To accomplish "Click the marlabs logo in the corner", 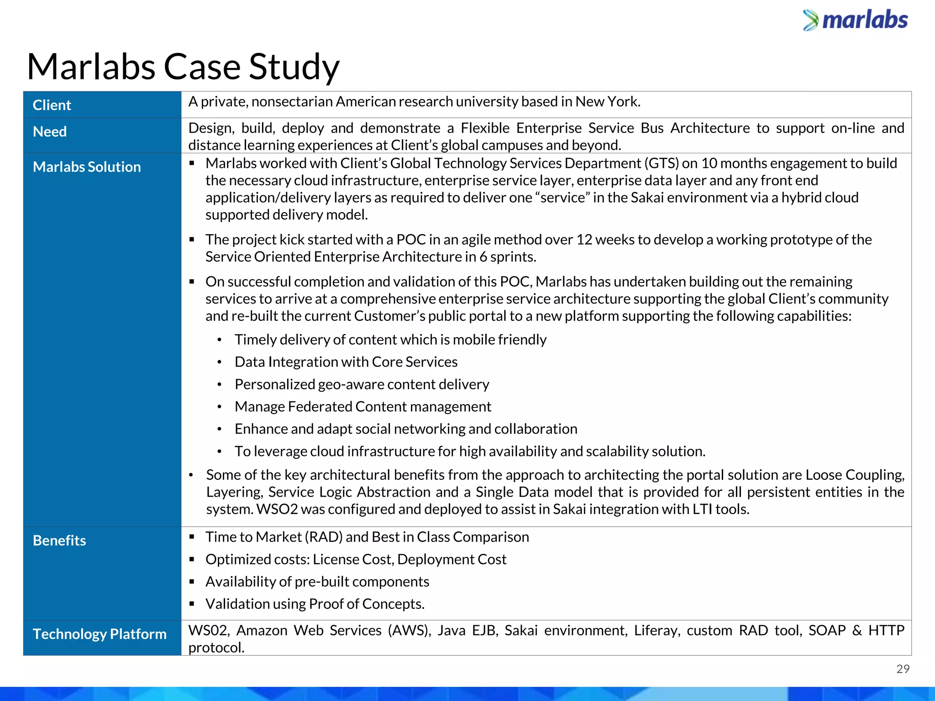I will tap(856, 21).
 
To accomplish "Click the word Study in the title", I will tap(294, 67).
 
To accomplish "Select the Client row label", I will tap(52, 105).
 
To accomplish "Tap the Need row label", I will tap(50, 132).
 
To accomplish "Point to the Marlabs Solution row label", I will tap(87, 167).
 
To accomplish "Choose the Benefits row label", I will tap(59, 541).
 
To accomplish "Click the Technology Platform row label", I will tap(100, 634).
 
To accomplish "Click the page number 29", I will tap(903, 669).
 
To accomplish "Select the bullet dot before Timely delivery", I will tap(220, 340).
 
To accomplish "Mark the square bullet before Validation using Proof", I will tap(192, 604).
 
